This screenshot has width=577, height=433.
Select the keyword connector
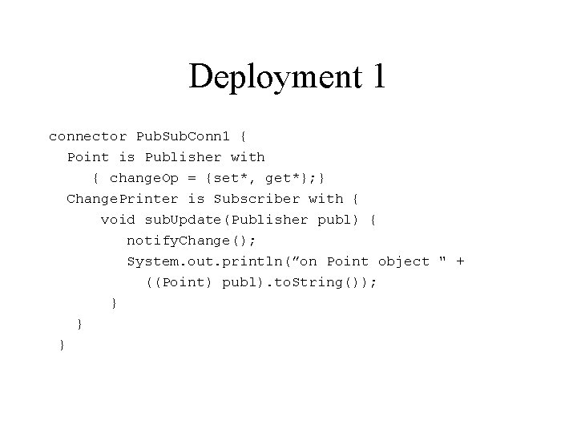tap(87, 136)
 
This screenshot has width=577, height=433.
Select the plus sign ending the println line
tap(460, 261)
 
